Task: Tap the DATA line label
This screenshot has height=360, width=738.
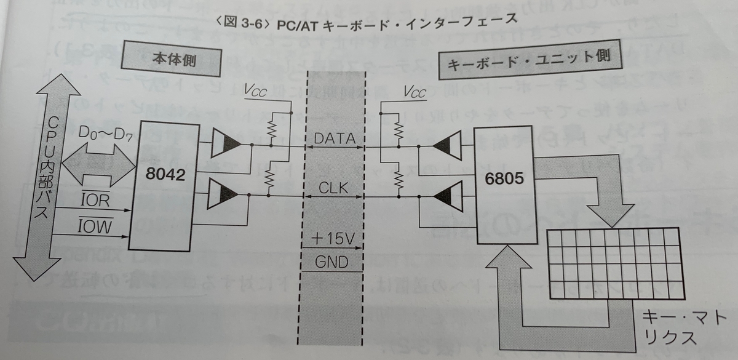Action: click(335, 140)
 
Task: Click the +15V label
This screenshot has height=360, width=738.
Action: click(333, 237)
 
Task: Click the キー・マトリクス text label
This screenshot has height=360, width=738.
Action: click(670, 327)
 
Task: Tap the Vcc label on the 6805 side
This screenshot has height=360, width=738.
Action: click(413, 93)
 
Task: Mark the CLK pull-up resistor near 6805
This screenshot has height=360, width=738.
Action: click(399, 179)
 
